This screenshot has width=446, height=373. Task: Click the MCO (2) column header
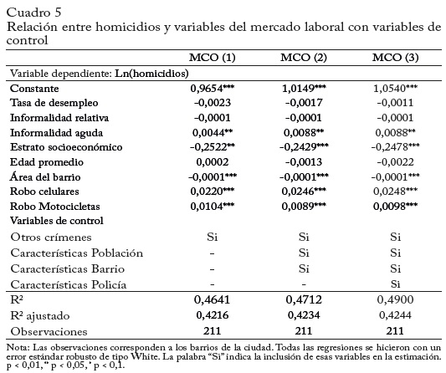tap(304, 58)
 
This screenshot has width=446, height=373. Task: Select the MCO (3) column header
tap(395, 58)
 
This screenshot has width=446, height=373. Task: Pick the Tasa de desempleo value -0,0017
tap(304, 103)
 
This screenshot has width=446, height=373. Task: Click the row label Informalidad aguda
tap(56, 133)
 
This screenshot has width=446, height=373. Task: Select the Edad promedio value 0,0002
tap(213, 162)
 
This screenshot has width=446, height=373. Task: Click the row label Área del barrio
tap(45, 176)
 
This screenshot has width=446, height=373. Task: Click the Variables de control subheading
tap(57, 221)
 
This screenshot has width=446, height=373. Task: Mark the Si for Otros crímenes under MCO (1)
tap(213, 237)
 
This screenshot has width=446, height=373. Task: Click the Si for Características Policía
tap(395, 284)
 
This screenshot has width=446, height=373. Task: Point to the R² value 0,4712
tap(304, 299)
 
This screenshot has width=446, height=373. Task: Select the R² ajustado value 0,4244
tap(395, 315)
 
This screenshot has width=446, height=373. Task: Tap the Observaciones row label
tap(49, 331)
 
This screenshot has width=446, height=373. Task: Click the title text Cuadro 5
tap(33, 13)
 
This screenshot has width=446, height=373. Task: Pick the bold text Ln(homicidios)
tap(151, 74)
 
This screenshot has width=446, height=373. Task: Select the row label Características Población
tap(77, 253)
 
